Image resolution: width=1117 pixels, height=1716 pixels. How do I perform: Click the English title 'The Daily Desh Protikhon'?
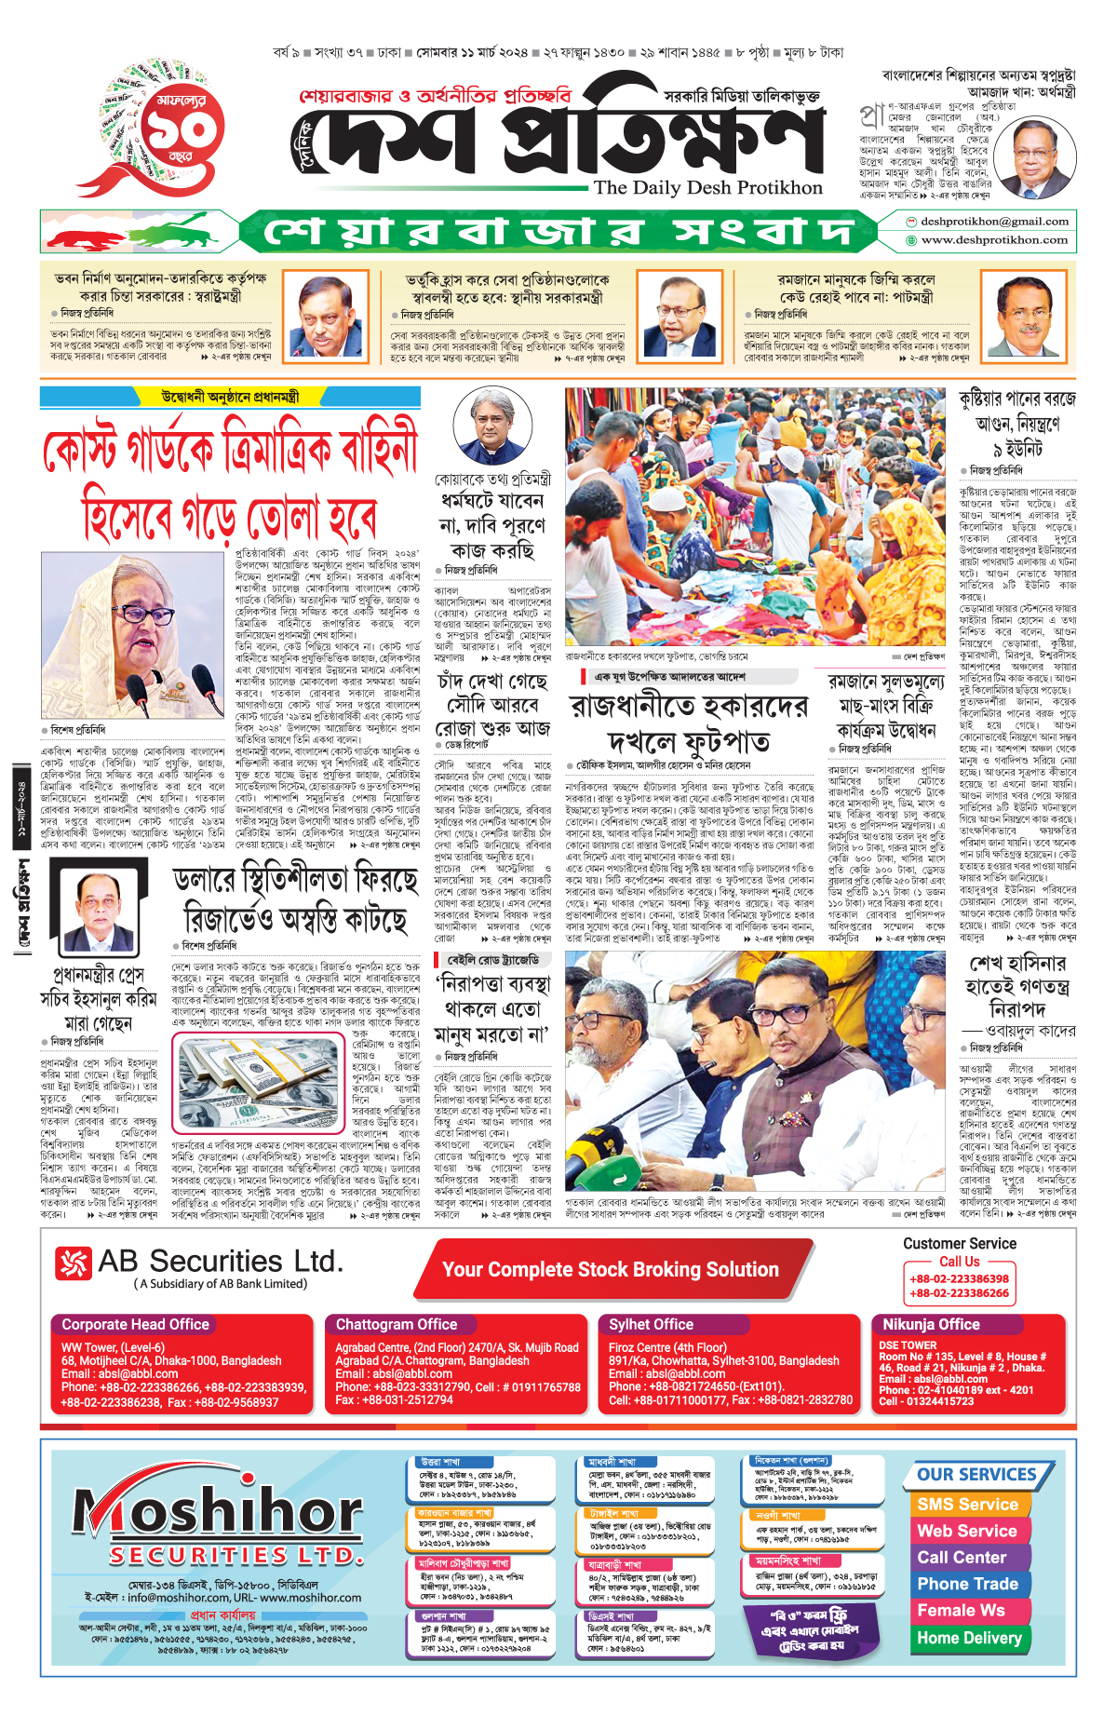coord(707,187)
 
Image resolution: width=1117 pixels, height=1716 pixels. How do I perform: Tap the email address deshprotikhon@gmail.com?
coord(994,222)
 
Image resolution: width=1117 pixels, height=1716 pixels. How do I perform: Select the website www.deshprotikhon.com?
coord(994,240)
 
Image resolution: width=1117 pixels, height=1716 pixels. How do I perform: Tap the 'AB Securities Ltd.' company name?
coord(220,1262)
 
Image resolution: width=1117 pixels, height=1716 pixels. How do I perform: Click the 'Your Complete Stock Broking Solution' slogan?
coord(610,1269)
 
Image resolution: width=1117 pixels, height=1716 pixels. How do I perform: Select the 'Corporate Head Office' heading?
coord(135,1324)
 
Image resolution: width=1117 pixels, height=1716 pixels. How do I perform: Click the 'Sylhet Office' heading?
coord(651,1324)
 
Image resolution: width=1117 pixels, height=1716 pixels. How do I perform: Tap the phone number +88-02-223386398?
coord(959,1278)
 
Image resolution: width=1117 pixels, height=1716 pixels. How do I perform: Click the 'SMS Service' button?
coord(967,1504)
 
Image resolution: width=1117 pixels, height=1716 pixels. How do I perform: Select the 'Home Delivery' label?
coord(969,1638)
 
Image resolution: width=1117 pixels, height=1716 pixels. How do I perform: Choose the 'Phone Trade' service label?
coord(967,1584)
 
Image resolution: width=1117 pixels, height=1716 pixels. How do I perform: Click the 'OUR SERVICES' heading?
coord(976,1474)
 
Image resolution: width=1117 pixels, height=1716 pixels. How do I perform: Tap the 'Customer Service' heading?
coord(959,1243)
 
